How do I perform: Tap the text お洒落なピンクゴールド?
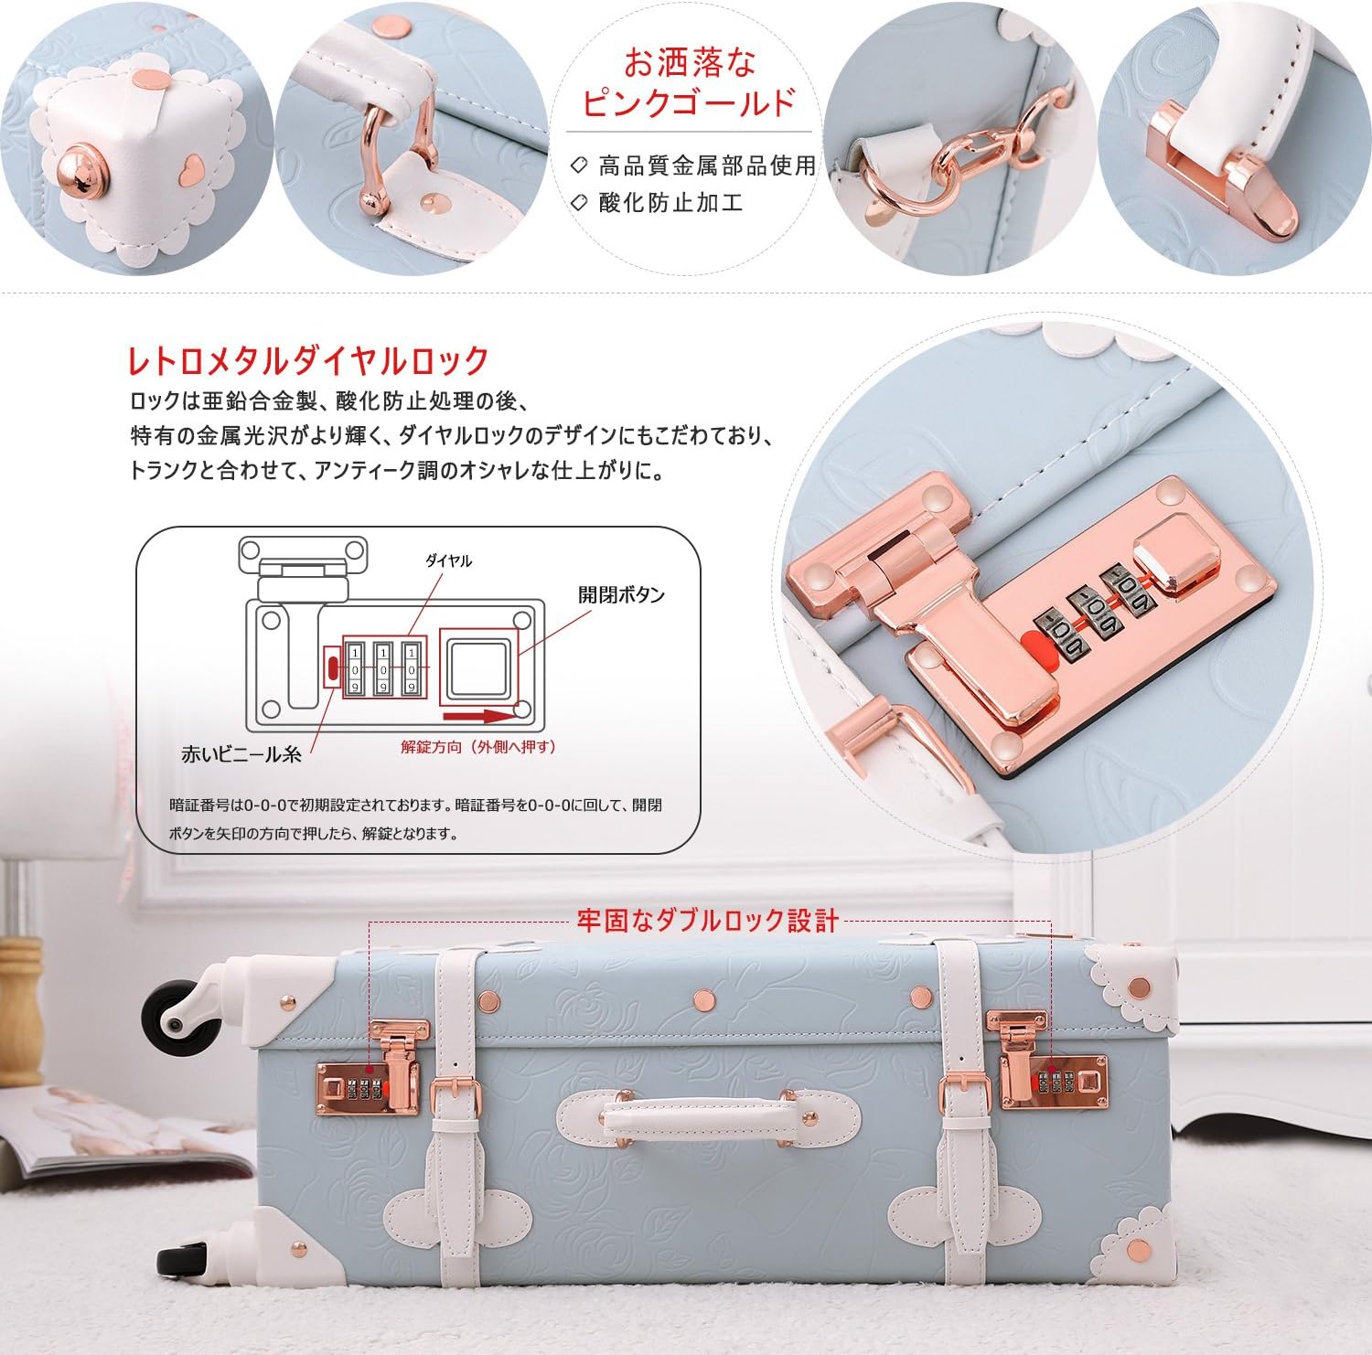pos(690,82)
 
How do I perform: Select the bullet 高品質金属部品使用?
pos(705,165)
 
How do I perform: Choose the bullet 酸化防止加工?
pos(670,203)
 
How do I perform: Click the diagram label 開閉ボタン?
pos(621,595)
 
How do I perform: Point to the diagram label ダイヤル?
pos(448,560)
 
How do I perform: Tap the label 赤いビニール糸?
pos(241,754)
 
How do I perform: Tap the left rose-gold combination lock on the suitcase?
pos(368,1079)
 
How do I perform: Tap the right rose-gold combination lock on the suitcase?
pos(1052,1070)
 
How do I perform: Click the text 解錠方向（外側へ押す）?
pos(478,747)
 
